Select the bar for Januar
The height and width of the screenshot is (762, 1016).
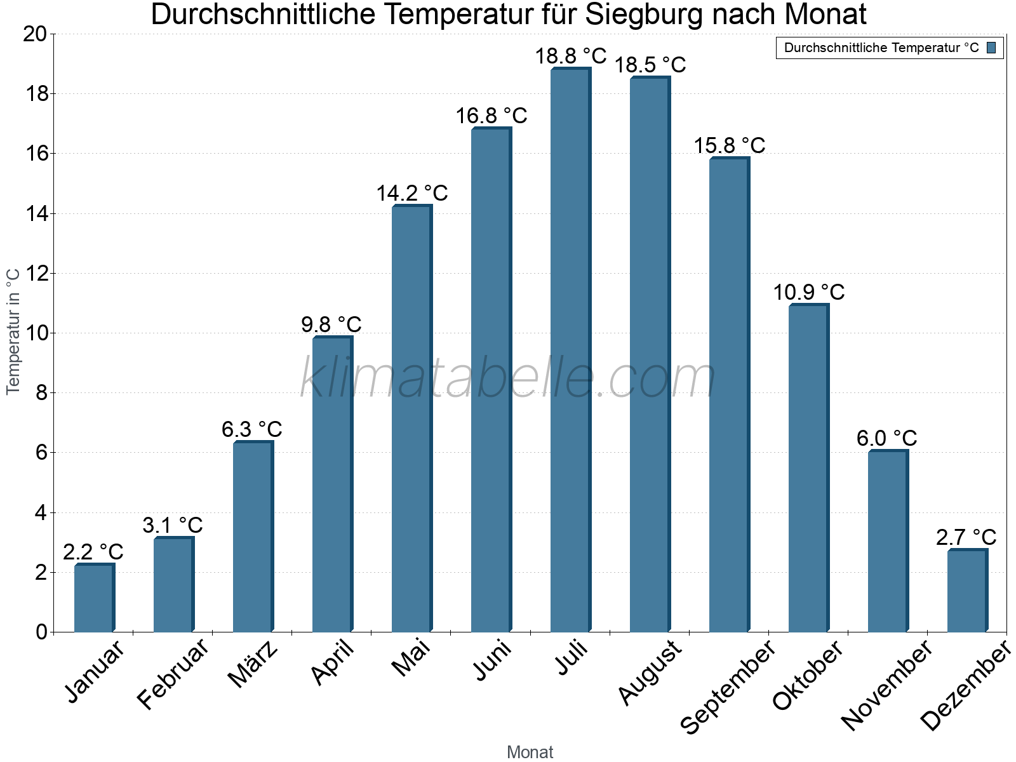pyautogui.click(x=94, y=598)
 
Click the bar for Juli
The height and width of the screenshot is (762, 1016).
pyautogui.click(x=570, y=349)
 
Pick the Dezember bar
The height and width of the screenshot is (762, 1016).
pyautogui.click(x=967, y=591)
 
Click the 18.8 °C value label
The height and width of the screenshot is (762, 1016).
pyautogui.click(x=570, y=56)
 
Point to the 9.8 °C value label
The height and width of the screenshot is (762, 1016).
pyautogui.click(x=331, y=324)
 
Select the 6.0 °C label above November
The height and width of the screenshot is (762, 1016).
pyautogui.click(x=886, y=438)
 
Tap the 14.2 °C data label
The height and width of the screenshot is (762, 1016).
pyautogui.click(x=411, y=193)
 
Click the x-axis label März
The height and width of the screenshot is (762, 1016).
pyautogui.click(x=253, y=664)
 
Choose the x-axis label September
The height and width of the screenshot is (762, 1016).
pyautogui.click(x=728, y=686)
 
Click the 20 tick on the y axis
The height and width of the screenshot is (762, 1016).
pyautogui.click(x=35, y=34)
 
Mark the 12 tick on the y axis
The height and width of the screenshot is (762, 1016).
pyautogui.click(x=35, y=273)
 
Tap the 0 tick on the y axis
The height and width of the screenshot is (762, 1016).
pyautogui.click(x=41, y=632)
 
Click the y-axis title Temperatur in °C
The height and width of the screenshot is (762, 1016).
pyautogui.click(x=13, y=330)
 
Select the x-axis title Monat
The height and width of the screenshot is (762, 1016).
pyautogui.click(x=530, y=752)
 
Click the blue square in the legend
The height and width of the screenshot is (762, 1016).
pyautogui.click(x=991, y=48)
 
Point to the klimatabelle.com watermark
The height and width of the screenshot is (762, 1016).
pyautogui.click(x=508, y=378)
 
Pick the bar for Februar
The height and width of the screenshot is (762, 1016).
pyautogui.click(x=173, y=584)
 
